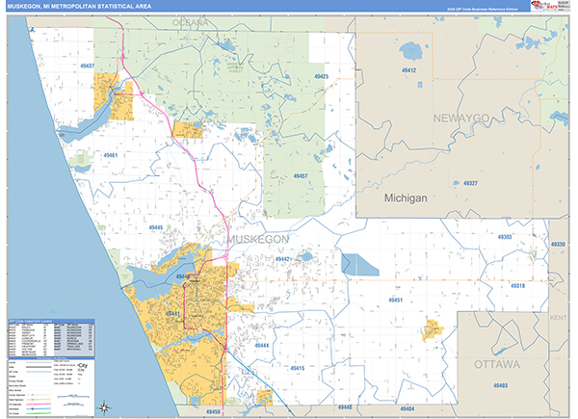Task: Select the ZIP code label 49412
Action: click(x=408, y=70)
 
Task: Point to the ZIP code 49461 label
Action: click(x=111, y=155)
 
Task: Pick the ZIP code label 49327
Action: click(x=470, y=182)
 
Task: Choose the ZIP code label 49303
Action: click(x=506, y=236)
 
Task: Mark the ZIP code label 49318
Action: click(x=517, y=286)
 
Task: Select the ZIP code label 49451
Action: click(x=395, y=301)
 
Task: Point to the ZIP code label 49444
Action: click(x=260, y=344)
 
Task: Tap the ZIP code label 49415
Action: click(x=295, y=368)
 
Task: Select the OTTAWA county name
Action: click(x=497, y=364)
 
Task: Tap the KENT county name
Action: click(x=559, y=316)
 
